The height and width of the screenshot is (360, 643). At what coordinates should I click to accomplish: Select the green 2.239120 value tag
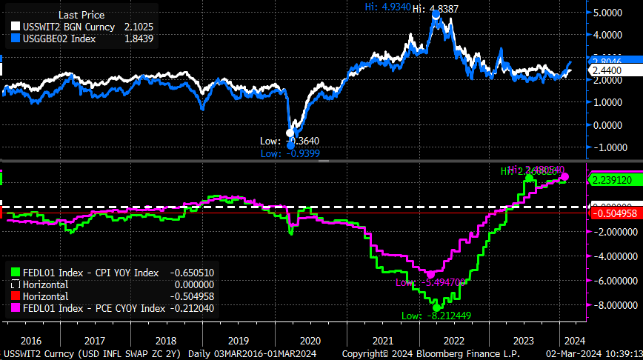click(x=612, y=179)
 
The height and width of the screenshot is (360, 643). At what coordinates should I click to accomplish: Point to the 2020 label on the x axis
click(x=311, y=340)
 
